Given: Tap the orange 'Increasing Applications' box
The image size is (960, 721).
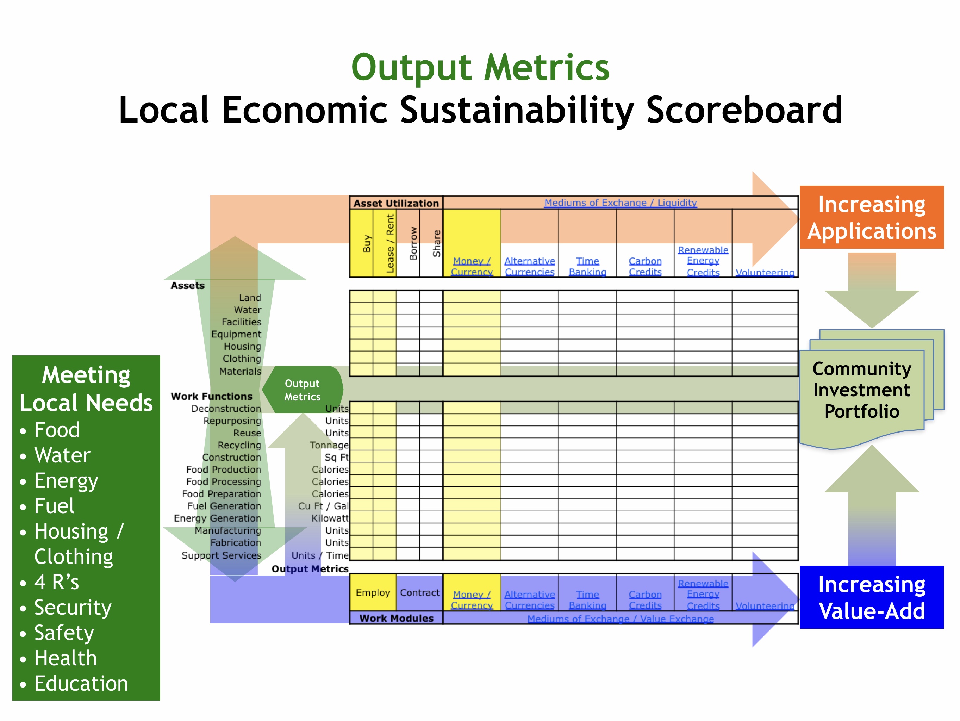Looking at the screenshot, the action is coord(872,217).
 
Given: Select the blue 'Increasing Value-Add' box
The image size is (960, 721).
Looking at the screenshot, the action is coord(872,597).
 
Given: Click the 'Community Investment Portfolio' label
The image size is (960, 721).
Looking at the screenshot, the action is coord(861,390).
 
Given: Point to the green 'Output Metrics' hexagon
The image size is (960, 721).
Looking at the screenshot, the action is coord(303,390).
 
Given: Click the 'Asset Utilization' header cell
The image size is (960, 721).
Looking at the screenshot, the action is coord(396,203).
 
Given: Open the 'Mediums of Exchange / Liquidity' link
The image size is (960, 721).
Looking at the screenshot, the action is coord(621,203).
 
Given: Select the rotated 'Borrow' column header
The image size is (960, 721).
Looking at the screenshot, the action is coord(413,243).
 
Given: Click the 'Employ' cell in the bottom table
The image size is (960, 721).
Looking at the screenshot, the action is coord(373,592).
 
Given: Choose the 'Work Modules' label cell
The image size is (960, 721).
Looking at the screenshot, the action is coord(396,618).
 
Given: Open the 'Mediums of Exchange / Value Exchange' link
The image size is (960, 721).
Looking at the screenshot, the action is coord(621,619).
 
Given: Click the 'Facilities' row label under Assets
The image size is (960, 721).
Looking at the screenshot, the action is coord(241,322).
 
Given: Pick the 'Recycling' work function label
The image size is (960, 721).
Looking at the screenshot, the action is coord(239,445).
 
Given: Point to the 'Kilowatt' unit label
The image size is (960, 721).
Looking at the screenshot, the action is coord(330,518).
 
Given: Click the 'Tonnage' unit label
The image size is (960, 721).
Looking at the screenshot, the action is coord(329,445).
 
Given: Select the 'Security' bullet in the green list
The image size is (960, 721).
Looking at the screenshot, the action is coord(66,607).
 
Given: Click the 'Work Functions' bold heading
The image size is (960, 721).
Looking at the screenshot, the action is coord(211,396).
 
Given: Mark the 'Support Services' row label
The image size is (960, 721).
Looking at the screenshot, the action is coord(222,555).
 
